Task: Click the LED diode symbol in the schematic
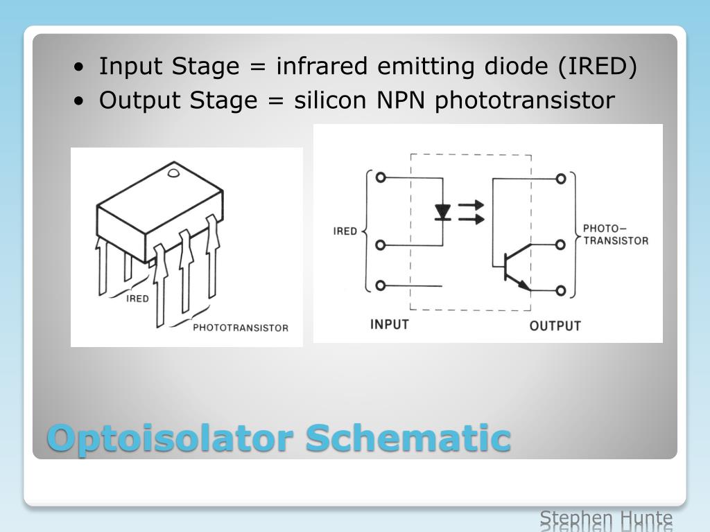pyautogui.click(x=442, y=211)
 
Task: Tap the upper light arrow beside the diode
pyautogui.click(x=472, y=205)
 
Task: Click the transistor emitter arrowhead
pyautogui.click(x=524, y=285)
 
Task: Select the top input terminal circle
pyautogui.click(x=380, y=177)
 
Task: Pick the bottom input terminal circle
pyautogui.click(x=380, y=285)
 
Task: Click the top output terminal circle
pyautogui.click(x=561, y=179)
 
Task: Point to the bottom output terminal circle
pyautogui.click(x=561, y=290)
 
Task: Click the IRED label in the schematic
pyautogui.click(x=345, y=231)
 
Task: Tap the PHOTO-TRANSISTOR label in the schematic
pyautogui.click(x=616, y=234)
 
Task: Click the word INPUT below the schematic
pyautogui.click(x=390, y=324)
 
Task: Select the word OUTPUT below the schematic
pyautogui.click(x=555, y=326)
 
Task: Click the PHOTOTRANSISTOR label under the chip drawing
pyautogui.click(x=240, y=328)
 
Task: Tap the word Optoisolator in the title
pyautogui.click(x=171, y=438)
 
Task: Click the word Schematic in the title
pyautogui.click(x=408, y=438)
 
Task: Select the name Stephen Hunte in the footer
pyautogui.click(x=606, y=519)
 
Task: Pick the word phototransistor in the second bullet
pyautogui.click(x=525, y=101)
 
